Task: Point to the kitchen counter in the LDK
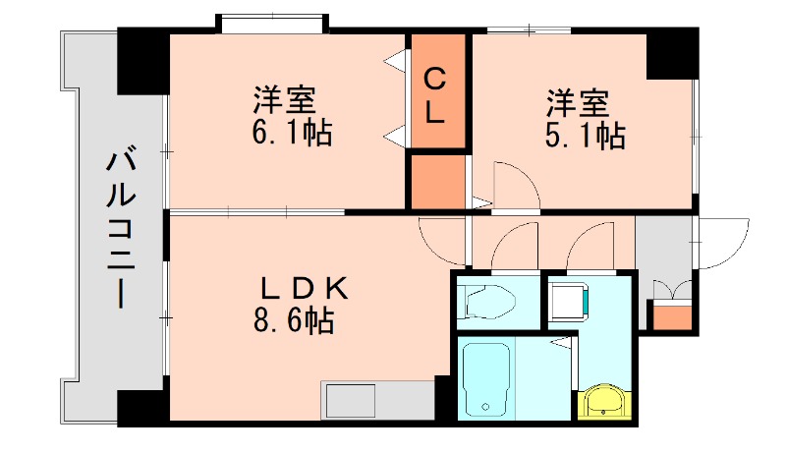pyautogui.click(x=377, y=401)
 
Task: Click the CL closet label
pyautogui.click(x=436, y=94)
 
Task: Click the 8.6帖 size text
pyautogui.click(x=292, y=319)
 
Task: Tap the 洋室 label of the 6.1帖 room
pyautogui.click(x=284, y=100)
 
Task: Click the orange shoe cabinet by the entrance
pyautogui.click(x=672, y=316)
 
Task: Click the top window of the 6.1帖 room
pyautogui.click(x=270, y=23)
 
